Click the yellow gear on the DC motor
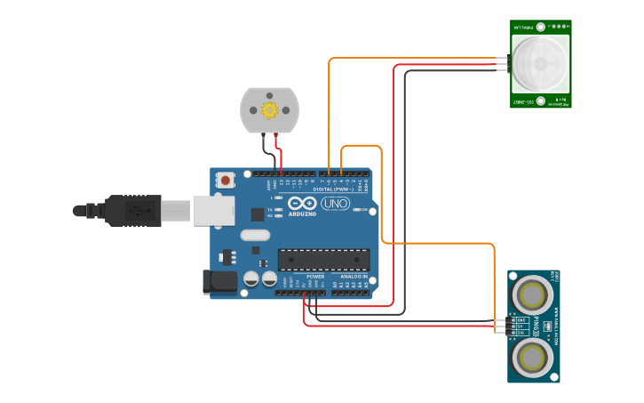click(269, 109)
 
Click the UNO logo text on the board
click(335, 204)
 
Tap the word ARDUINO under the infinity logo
click(301, 214)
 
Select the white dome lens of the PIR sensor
click(541, 64)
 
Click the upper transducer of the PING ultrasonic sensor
click(534, 293)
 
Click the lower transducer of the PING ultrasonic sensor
click(534, 358)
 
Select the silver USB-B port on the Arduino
click(214, 210)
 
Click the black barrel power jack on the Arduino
click(220, 282)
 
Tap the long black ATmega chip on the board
click(323, 259)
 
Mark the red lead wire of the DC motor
click(278, 151)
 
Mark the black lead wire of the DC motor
click(264, 151)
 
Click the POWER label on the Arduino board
click(315, 277)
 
